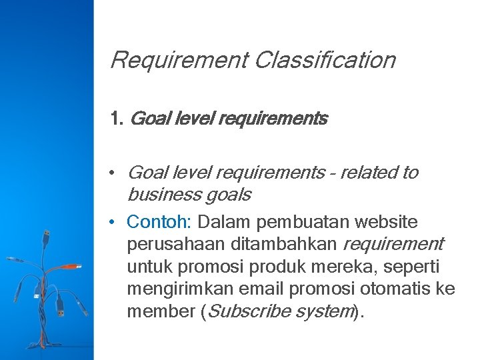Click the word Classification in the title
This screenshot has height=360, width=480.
pyautogui.click(x=325, y=60)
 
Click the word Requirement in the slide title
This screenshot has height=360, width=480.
pyautogui.click(x=178, y=60)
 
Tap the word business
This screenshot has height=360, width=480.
pyautogui.click(x=159, y=195)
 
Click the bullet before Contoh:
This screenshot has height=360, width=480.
pyautogui.click(x=115, y=221)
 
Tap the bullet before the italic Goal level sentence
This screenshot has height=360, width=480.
pyautogui.click(x=115, y=173)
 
